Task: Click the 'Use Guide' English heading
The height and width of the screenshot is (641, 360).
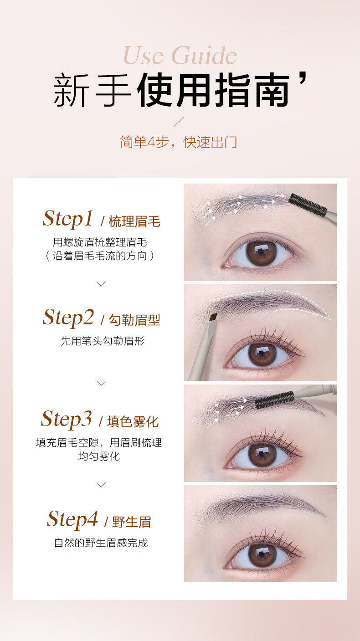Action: point(180,56)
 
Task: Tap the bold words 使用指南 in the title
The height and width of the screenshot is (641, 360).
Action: point(213,90)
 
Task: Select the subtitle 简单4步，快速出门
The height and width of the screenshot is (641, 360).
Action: point(179,142)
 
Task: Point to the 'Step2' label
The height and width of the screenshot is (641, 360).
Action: point(68,318)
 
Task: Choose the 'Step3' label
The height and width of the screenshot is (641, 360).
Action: point(67,419)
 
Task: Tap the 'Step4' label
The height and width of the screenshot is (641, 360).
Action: point(72,519)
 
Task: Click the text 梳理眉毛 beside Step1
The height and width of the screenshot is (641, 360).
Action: point(134,221)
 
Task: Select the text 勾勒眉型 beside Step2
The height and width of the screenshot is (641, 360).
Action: point(134,320)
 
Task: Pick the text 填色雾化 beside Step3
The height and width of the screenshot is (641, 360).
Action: point(133,422)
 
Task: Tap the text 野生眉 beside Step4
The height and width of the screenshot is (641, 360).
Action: point(132,522)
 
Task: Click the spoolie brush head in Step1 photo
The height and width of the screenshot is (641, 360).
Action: point(308,205)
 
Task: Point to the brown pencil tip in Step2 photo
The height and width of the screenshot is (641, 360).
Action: point(213,317)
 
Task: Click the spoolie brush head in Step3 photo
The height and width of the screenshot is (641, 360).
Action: point(274,400)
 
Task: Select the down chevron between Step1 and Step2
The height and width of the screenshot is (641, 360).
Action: point(101,284)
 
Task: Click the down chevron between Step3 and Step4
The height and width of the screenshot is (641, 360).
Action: point(101,485)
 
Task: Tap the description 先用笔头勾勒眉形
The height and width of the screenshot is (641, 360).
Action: point(102,341)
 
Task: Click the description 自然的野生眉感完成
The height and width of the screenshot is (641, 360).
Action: point(101,543)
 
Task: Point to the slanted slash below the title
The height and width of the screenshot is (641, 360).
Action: point(179,122)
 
